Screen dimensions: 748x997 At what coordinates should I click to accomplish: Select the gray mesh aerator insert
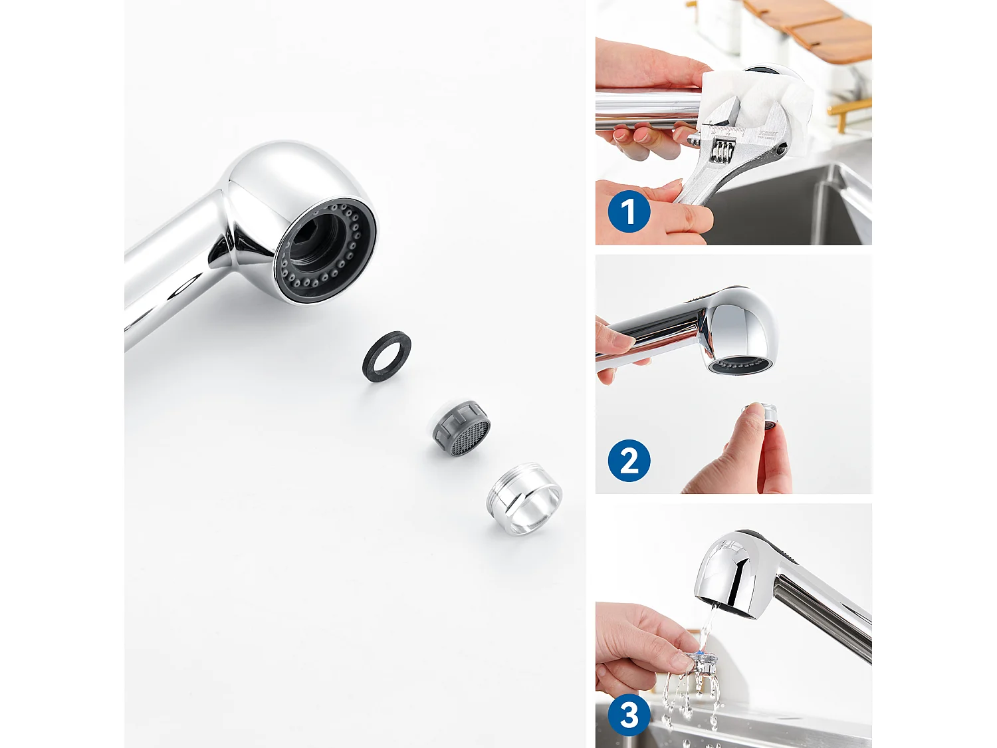coord(461,429)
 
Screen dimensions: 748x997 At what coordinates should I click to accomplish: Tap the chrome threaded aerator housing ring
coord(524,499)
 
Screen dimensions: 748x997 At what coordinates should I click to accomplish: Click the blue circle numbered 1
coord(629,212)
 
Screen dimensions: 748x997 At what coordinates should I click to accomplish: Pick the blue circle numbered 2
coord(629,461)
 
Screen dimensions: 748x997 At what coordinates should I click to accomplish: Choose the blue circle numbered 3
coord(629,715)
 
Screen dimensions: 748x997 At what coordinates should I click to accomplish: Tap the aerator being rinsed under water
coord(702,662)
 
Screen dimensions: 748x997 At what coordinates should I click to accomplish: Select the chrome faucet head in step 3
coord(731,572)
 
